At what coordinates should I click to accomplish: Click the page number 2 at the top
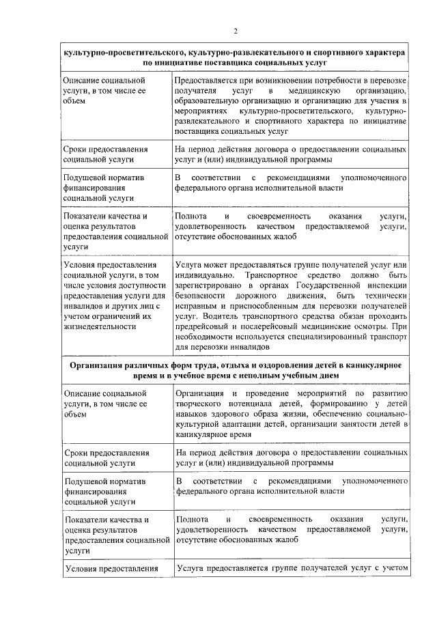pos(234,31)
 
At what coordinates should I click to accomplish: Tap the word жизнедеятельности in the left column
pos(99,326)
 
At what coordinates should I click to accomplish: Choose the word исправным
pos(196,307)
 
